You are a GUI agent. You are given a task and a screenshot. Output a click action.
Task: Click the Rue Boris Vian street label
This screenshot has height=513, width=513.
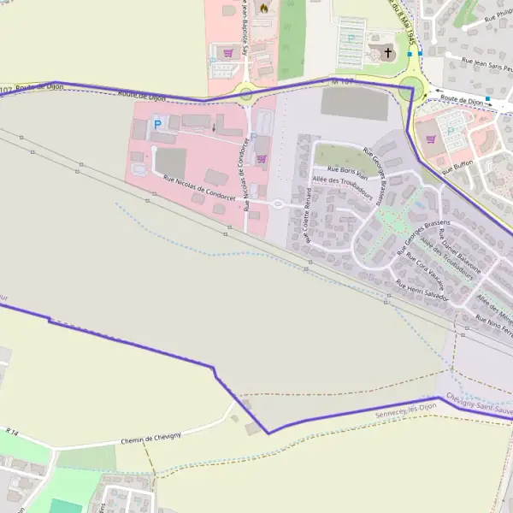point(348,171)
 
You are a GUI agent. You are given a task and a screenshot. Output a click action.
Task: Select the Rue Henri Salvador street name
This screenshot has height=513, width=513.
point(422,292)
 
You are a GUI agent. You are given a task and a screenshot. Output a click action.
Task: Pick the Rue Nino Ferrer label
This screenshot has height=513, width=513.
point(493,322)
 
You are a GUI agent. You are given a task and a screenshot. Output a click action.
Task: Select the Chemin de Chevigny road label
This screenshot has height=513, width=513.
point(151,439)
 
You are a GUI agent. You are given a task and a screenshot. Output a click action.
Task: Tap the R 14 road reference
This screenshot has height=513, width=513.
point(12,432)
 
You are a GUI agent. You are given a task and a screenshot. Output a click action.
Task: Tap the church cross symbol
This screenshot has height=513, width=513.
point(388,52)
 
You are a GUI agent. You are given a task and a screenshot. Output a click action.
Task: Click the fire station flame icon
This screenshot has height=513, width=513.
point(263,8)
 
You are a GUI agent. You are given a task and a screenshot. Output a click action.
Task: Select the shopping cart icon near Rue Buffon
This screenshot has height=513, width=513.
point(431,139)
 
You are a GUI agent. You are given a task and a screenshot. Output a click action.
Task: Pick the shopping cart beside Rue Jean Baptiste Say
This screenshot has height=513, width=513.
point(227,53)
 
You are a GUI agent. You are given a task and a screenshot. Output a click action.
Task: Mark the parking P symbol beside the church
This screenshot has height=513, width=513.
point(351,38)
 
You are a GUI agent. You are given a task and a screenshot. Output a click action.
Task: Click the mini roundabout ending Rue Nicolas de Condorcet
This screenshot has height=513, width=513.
point(277,203)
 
